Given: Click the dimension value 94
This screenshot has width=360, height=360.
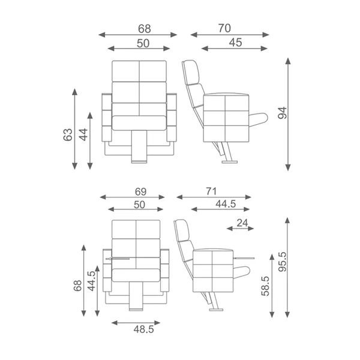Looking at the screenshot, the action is (x=283, y=113).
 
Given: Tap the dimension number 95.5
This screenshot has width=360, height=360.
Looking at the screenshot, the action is (x=283, y=262).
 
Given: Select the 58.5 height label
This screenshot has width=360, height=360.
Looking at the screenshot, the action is (x=265, y=286).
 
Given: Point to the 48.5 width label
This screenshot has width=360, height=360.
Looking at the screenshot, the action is (x=144, y=329).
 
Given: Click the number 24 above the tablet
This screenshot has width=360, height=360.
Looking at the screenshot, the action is (x=242, y=223).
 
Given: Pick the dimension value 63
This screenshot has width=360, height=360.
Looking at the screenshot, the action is (x=68, y=134).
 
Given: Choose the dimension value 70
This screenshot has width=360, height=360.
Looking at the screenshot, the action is (x=224, y=28).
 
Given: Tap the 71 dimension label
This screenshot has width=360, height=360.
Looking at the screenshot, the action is (x=211, y=191).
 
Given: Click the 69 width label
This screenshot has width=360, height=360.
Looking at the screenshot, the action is (x=140, y=192).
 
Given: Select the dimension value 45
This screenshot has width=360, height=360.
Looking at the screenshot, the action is (x=236, y=43).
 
